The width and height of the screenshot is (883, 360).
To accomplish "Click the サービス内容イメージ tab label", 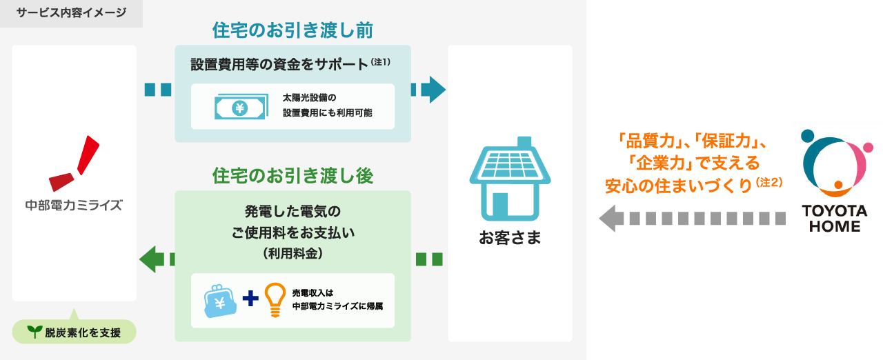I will [71, 13].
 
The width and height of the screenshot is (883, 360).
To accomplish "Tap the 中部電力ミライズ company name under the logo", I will [74, 205].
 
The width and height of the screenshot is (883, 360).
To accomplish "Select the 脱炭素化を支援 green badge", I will [75, 332].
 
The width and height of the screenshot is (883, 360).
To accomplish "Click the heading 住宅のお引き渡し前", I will [292, 32].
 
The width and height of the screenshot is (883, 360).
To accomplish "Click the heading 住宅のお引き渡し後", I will [292, 177].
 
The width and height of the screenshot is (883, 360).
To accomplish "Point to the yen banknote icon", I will [239, 107].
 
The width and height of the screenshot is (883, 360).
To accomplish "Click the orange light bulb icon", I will [275, 300].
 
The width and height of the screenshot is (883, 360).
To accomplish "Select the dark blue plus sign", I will [250, 299].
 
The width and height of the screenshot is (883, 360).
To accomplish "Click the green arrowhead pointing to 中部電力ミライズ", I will [149, 259].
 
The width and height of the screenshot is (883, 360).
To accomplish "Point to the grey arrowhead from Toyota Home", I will [610, 219].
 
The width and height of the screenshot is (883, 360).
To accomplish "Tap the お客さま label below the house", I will [510, 239].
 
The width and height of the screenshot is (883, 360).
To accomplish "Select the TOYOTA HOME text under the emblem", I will [835, 218].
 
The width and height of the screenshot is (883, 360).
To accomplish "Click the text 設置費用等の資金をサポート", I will [280, 65].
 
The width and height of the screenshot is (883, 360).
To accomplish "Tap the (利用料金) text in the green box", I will [292, 253].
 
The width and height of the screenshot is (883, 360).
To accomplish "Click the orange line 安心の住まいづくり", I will [679, 186].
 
